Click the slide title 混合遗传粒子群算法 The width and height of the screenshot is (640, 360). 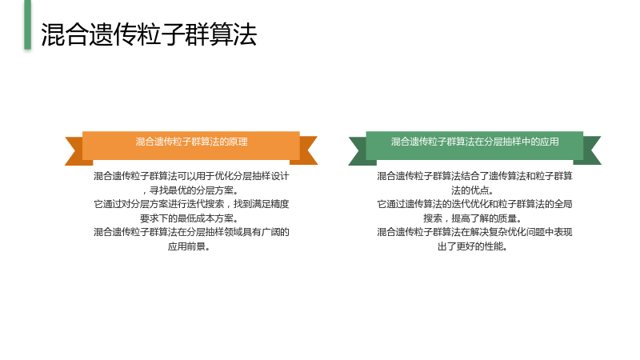coord(149,34)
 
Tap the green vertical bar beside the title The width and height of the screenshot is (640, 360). coord(27,25)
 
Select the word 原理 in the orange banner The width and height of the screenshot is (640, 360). coord(238,142)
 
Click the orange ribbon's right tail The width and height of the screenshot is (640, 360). coord(306,150)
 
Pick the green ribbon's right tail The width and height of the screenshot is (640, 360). coord(590,150)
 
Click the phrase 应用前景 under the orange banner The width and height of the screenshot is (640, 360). coord(186,246)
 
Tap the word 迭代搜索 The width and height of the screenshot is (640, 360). coord(206,204)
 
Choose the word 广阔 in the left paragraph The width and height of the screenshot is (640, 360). coord(270,232)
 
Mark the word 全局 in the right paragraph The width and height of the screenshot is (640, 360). coord(563,204)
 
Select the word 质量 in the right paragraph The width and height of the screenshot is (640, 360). coord(507,218)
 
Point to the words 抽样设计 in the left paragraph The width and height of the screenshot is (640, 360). coord(270,176)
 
